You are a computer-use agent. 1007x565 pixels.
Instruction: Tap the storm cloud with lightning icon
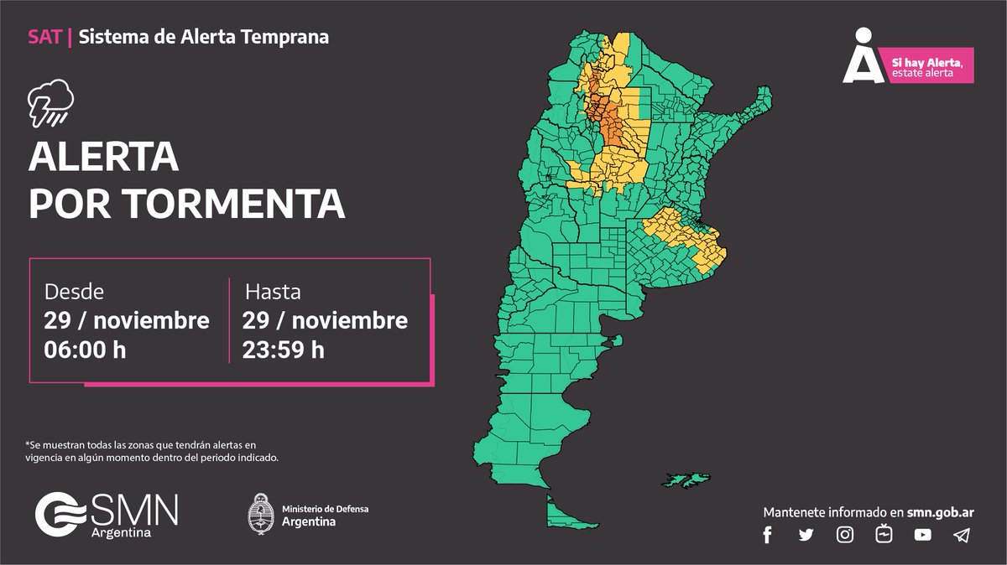point(50,104)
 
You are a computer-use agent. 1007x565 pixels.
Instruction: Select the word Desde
point(74,293)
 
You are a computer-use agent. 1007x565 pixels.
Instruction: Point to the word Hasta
point(273,293)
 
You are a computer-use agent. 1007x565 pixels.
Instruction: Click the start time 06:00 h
point(85,350)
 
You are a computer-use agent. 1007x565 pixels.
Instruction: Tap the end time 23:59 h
point(283,350)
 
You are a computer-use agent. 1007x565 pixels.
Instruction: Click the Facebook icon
point(767,536)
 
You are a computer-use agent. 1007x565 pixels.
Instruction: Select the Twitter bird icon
point(806,536)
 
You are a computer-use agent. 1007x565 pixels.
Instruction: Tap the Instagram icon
point(846,535)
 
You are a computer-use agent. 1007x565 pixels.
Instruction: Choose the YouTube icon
point(923,535)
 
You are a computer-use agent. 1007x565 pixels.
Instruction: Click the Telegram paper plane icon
point(962,535)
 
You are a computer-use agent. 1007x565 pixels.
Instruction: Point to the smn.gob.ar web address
point(940,511)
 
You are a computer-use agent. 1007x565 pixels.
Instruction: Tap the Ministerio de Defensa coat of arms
point(259,512)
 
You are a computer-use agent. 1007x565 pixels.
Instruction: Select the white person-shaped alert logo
point(863,56)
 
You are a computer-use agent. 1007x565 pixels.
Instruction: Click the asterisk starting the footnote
point(28,444)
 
